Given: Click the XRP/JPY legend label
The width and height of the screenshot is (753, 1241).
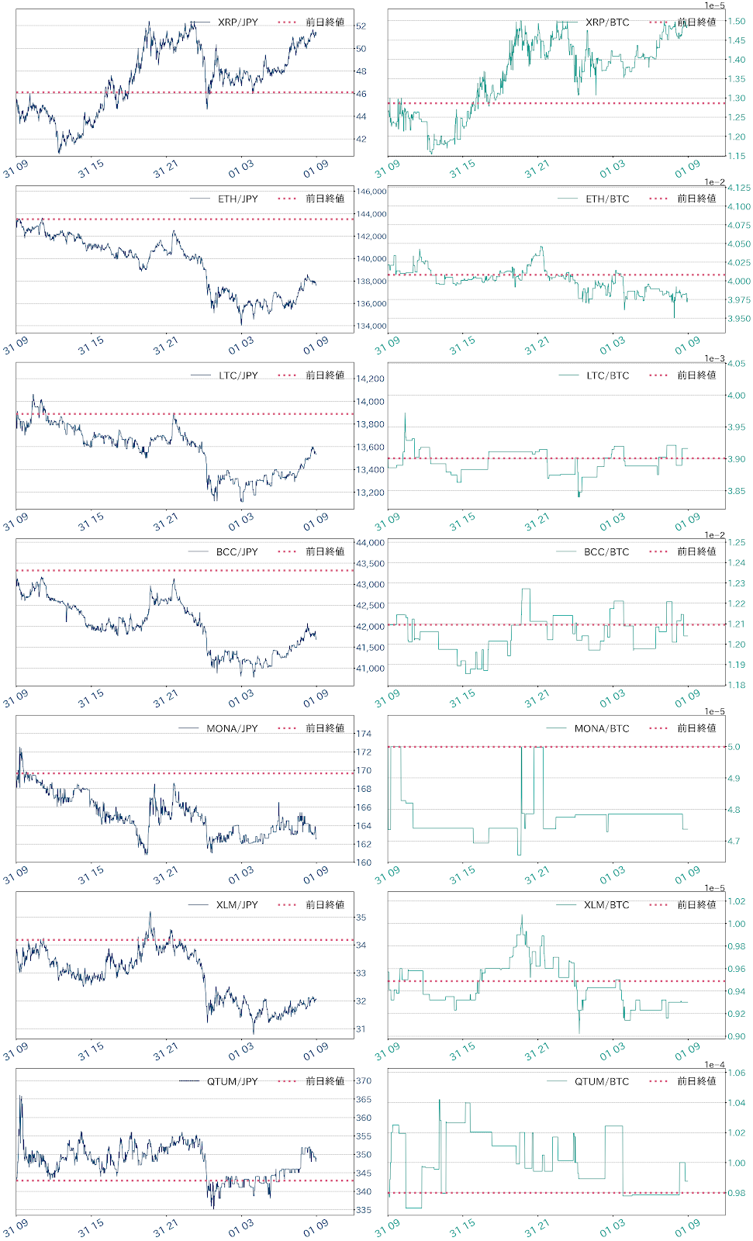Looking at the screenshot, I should [x=237, y=22].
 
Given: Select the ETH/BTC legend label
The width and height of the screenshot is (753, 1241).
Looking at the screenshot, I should [x=607, y=199].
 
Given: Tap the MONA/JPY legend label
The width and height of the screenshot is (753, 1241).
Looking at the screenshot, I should [x=232, y=728].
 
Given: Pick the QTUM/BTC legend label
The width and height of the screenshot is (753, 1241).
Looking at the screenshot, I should [x=602, y=1081].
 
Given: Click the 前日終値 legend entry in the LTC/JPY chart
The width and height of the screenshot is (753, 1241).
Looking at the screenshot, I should [x=324, y=375].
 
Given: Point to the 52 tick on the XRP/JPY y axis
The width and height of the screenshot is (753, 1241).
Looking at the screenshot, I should [x=361, y=26].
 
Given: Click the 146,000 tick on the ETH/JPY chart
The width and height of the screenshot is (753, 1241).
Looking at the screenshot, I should [x=371, y=192].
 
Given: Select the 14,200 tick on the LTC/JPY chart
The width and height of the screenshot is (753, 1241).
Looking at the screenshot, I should [x=370, y=379].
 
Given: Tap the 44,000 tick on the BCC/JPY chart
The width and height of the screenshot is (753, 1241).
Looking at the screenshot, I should [x=370, y=543].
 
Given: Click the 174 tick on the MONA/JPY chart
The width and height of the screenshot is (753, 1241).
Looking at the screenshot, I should [x=363, y=734].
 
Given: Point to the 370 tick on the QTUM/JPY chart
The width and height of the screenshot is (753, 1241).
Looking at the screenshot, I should [x=363, y=1080].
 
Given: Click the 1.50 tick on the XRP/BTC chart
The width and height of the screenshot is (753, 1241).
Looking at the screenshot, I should [x=736, y=22].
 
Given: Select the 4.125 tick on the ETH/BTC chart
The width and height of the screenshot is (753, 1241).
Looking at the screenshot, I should [x=738, y=188].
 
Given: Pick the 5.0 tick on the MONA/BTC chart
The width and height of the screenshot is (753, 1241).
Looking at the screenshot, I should [x=733, y=747].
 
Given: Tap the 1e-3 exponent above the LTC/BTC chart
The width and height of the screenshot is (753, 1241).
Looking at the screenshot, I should [x=715, y=358].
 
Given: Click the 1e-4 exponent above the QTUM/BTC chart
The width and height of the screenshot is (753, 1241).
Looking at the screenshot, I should [x=715, y=1064].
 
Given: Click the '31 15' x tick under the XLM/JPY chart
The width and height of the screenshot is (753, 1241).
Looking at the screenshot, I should [x=92, y=1051].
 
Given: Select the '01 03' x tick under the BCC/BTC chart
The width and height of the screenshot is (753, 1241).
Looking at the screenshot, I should [x=612, y=698].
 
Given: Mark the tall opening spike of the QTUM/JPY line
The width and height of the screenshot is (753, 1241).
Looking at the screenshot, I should [x=20, y=1097].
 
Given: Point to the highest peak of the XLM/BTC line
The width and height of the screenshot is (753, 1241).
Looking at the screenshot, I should [x=522, y=916].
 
